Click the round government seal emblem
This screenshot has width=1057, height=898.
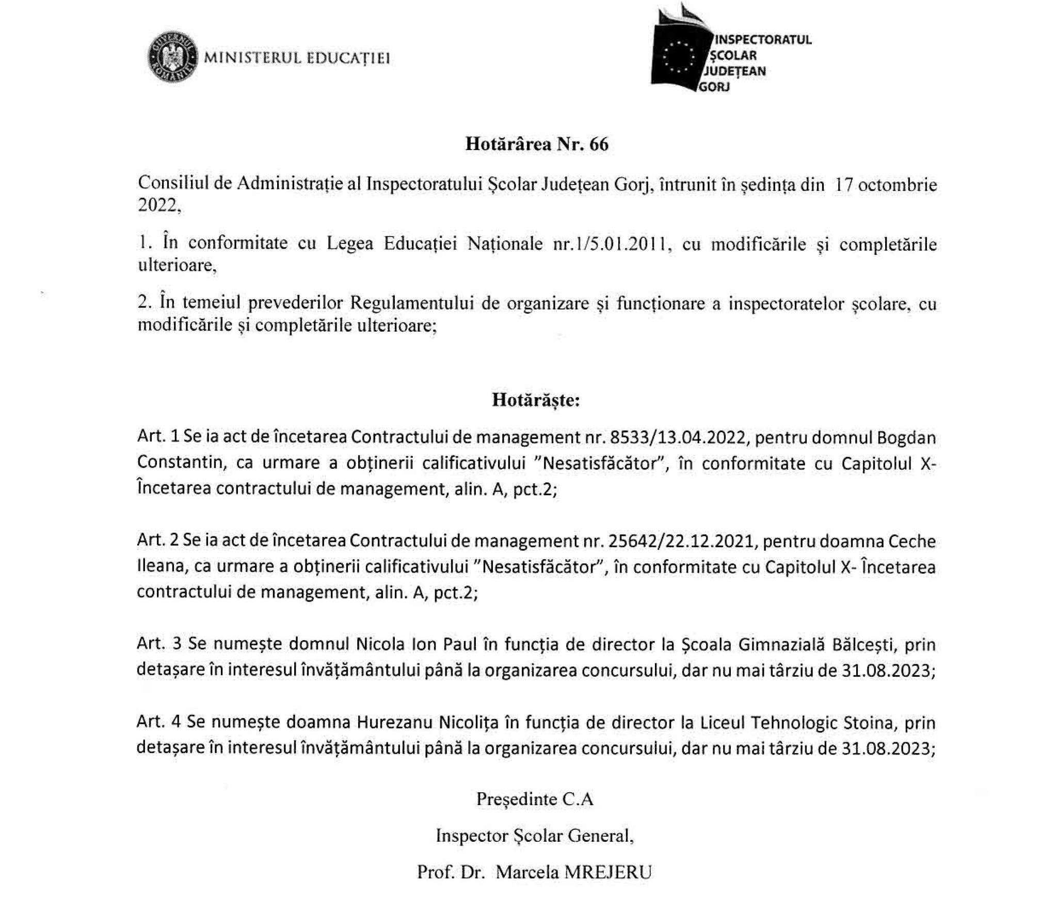(x=173, y=57)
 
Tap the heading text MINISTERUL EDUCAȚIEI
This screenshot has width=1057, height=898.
(x=297, y=57)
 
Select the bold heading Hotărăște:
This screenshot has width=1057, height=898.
(x=536, y=400)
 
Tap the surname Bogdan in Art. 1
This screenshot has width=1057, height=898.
(x=906, y=438)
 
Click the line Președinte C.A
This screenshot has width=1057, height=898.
(x=535, y=799)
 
